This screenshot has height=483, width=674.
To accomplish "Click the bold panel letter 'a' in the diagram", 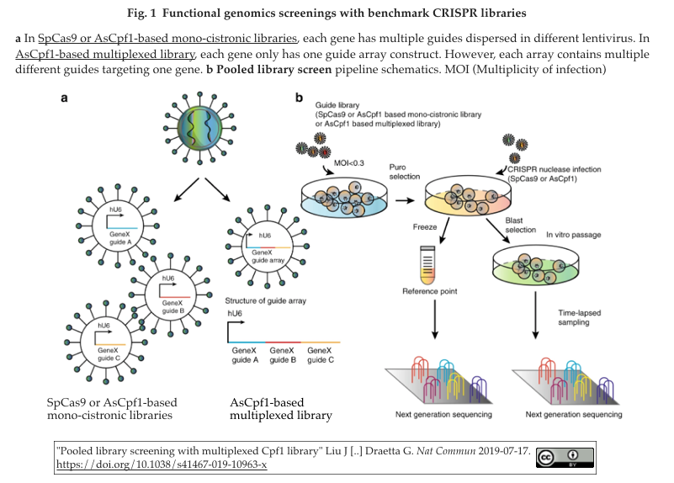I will pyautogui.click(x=64, y=98).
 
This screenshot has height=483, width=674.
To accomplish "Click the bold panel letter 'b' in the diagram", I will pyautogui.click(x=298, y=98).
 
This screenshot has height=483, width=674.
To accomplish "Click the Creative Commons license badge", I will pyautogui.click(x=564, y=456).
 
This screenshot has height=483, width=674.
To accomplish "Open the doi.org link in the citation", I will pyautogui.click(x=161, y=464).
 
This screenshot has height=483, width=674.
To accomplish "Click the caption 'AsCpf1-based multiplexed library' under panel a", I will pyautogui.click(x=280, y=408).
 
